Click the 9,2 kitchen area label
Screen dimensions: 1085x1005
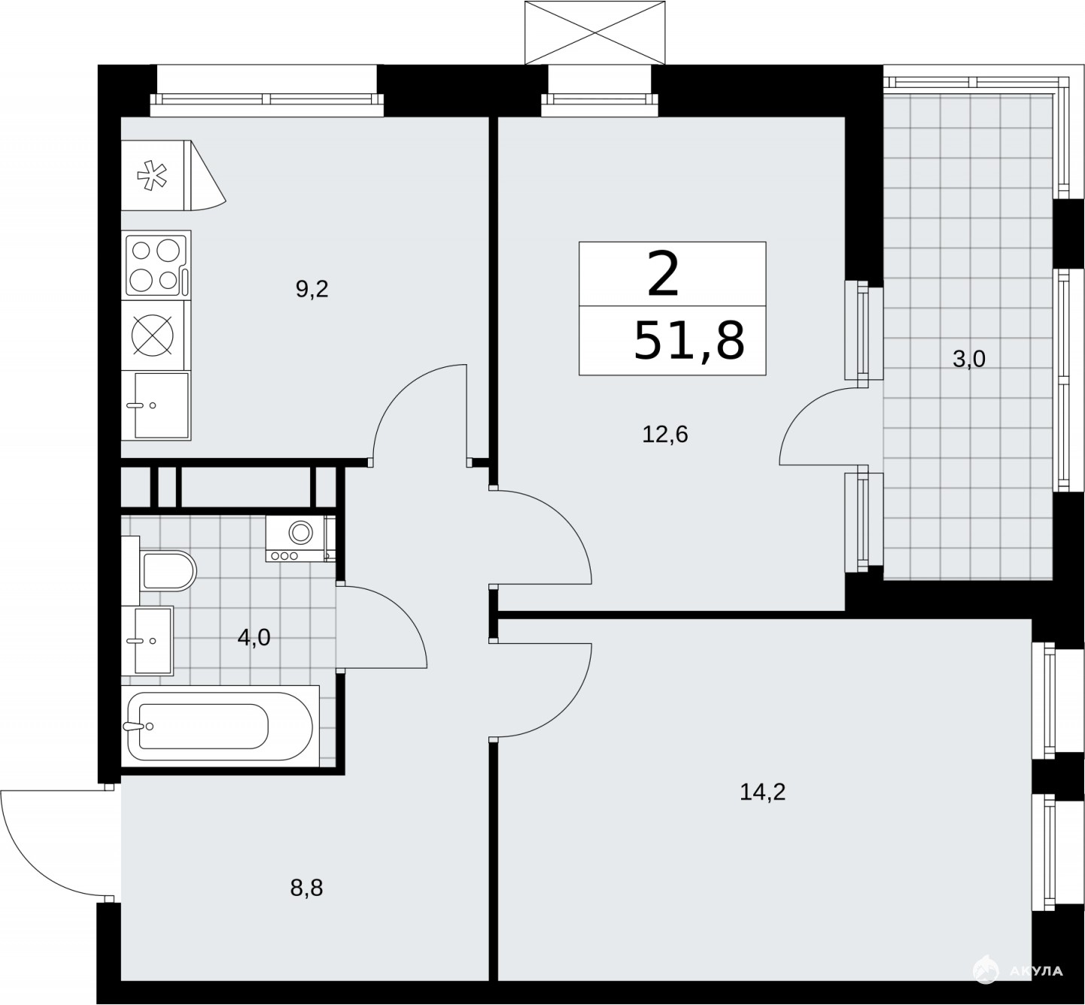(x=312, y=290)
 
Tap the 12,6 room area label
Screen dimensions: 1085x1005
(x=665, y=435)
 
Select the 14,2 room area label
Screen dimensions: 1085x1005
(x=763, y=791)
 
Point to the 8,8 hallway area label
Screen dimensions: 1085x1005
(x=306, y=888)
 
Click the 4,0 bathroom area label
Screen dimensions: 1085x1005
(x=254, y=637)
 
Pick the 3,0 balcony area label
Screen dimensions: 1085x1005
(x=969, y=360)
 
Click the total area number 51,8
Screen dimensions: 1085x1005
(x=689, y=340)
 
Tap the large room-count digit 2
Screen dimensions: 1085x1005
(x=663, y=274)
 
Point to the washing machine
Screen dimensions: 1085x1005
(x=300, y=539)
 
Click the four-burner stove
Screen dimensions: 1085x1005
(x=157, y=265)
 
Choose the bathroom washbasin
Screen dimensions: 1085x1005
(x=147, y=641)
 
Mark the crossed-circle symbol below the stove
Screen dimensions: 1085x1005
(x=153, y=335)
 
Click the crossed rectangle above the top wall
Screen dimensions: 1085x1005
(x=595, y=33)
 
